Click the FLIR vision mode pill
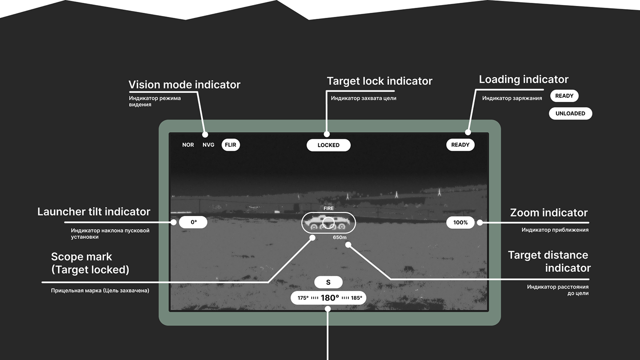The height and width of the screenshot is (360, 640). (230, 145)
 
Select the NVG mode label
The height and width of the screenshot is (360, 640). (208, 145)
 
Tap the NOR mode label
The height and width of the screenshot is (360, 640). (188, 145)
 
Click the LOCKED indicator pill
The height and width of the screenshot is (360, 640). (329, 145)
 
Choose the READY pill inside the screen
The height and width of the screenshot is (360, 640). (460, 145)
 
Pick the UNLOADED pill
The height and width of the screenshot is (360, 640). (570, 113)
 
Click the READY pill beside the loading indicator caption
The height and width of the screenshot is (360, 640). (564, 96)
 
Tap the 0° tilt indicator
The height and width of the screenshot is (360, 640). (193, 222)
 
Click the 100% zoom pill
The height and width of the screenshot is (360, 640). (460, 222)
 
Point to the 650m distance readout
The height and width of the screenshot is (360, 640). (340, 238)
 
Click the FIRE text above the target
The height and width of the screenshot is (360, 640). (329, 208)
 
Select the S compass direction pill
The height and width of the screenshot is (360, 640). (328, 282)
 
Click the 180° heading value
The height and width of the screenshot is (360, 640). (330, 298)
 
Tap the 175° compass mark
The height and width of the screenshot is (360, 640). (303, 298)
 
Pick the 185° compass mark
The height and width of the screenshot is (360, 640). (357, 298)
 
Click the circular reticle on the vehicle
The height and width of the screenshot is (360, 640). (328, 222)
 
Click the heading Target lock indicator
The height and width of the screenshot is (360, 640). (379, 81)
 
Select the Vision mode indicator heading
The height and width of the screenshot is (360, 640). (184, 85)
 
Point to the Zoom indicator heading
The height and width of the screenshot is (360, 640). (549, 212)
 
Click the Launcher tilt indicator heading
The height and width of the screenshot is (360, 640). (94, 212)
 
